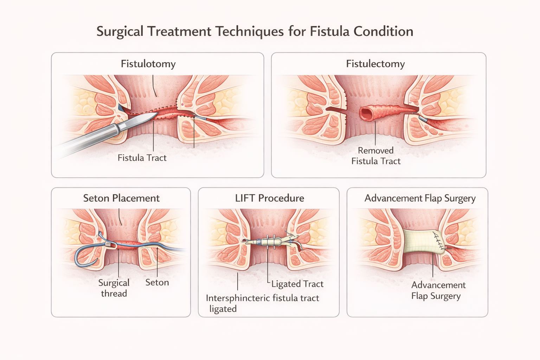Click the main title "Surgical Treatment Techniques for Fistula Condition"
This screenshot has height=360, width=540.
pyautogui.click(x=255, y=32)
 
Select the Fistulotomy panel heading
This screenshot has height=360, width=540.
pyautogui.click(x=148, y=64)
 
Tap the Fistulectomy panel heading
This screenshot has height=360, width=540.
pyautogui.click(x=375, y=64)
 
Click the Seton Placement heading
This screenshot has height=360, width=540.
pyautogui.click(x=121, y=198)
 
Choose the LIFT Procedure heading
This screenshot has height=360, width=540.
pyautogui.click(x=269, y=198)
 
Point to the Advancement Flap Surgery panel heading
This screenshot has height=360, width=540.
pyautogui.click(x=420, y=198)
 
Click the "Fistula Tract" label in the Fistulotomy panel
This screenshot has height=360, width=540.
pyautogui.click(x=142, y=158)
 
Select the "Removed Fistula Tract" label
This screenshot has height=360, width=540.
pyautogui.click(x=376, y=156)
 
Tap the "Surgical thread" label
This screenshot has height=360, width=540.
pyautogui.click(x=114, y=288)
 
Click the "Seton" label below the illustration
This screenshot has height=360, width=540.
pyautogui.click(x=157, y=283)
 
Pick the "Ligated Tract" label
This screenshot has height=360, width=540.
pyautogui.click(x=297, y=284)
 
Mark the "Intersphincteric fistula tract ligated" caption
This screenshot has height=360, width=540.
pyautogui.click(x=262, y=303)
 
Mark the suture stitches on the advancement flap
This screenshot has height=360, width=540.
pyautogui.click(x=438, y=240)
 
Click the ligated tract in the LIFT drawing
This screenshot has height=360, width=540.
pyautogui.click(x=269, y=242)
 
